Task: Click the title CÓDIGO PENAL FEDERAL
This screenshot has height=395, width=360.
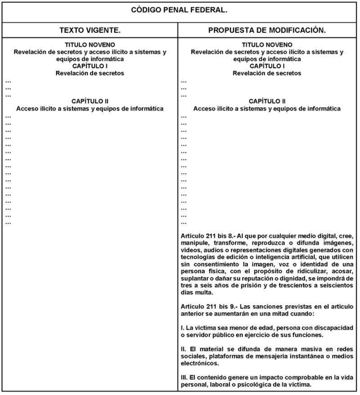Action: (179, 10)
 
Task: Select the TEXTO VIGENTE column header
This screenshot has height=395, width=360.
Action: (90, 30)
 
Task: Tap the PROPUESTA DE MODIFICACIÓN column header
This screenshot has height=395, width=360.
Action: (267, 30)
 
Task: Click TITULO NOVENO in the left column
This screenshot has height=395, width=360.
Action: (90, 45)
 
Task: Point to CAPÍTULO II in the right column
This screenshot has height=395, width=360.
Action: (267, 101)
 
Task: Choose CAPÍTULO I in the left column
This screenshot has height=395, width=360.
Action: (90, 66)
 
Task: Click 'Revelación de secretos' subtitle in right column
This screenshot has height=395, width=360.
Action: (267, 73)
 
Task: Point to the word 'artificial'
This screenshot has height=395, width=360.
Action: (287, 257)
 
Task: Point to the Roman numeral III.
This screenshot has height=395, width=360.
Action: (184, 377)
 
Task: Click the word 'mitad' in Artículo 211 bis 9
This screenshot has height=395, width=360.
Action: (284, 314)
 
